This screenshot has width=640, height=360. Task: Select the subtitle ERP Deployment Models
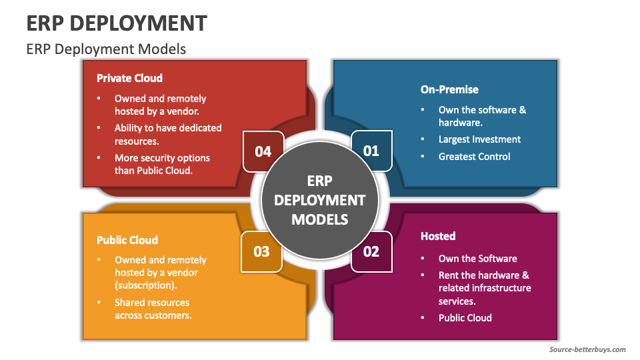point(106,49)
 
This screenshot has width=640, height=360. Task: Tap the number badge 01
point(371,151)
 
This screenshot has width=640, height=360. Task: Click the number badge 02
point(371,251)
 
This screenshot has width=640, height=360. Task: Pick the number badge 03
point(261,251)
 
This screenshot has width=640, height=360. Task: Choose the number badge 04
point(263,151)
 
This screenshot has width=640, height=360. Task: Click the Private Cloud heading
point(129,78)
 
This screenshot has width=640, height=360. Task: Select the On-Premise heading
point(449,89)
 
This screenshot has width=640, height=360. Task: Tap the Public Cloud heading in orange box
point(127,240)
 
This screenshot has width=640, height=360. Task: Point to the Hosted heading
point(438,236)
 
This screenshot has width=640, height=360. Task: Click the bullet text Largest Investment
point(479,139)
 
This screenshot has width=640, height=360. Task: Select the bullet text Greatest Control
point(474,157)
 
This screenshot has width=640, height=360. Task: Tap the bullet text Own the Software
point(477,259)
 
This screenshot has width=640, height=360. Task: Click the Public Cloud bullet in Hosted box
point(465,318)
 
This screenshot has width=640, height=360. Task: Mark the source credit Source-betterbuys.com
point(587,349)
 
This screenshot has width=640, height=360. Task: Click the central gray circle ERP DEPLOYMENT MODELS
point(319,200)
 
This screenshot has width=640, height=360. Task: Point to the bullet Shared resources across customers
point(153,309)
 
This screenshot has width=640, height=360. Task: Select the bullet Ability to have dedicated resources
point(167,133)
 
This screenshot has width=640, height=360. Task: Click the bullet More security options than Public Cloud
point(162,164)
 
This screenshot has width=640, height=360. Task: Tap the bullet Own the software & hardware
point(481,116)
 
